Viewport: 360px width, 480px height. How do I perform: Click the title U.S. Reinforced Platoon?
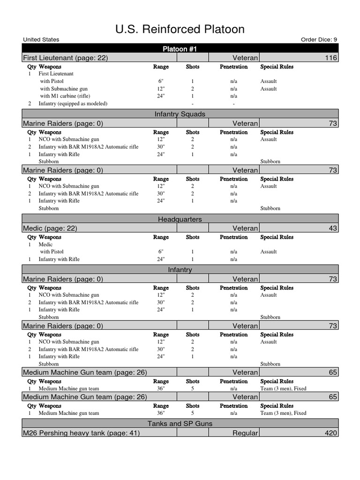(x=180, y=30)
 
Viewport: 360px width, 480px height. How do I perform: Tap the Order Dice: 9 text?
(x=318, y=40)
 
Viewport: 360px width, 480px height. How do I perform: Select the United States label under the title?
(x=41, y=40)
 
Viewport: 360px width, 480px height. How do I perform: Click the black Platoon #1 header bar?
(x=180, y=49)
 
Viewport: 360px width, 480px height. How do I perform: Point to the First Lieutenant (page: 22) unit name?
(x=65, y=58)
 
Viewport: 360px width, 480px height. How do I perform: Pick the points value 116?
(x=330, y=58)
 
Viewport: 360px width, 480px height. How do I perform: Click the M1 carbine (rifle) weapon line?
(x=69, y=96)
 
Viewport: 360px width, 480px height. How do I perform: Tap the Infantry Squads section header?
(x=180, y=114)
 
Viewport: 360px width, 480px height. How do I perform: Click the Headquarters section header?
(x=180, y=219)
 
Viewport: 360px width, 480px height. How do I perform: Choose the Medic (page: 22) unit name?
(x=50, y=228)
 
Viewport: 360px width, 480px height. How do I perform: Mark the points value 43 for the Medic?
(x=333, y=228)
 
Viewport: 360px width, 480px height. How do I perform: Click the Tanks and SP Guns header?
(x=180, y=423)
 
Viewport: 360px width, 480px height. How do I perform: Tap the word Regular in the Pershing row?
(x=245, y=433)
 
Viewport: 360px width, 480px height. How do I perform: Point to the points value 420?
(x=330, y=433)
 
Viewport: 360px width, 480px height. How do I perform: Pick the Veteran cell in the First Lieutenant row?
(x=245, y=58)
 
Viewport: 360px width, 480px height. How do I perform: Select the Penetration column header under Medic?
(x=233, y=237)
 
